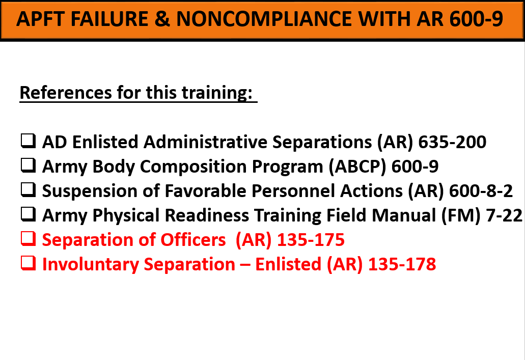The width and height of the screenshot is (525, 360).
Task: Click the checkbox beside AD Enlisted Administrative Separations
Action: (x=28, y=141)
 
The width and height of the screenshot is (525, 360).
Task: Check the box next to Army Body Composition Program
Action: (x=28, y=165)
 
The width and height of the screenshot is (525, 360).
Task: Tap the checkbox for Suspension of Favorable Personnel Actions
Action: (x=28, y=189)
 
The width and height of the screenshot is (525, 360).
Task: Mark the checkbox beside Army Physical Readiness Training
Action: (x=28, y=214)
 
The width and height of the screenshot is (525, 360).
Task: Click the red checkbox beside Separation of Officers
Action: (x=28, y=238)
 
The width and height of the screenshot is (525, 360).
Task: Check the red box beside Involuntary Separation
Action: (x=28, y=263)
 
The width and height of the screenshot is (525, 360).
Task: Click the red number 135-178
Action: (x=402, y=264)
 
